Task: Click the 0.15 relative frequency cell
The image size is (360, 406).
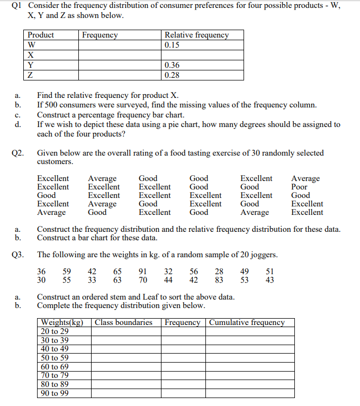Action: click(x=172, y=45)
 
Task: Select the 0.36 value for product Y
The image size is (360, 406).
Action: click(x=172, y=65)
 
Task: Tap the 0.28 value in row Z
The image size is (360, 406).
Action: click(x=172, y=75)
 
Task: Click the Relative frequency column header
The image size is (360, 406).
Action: click(x=196, y=35)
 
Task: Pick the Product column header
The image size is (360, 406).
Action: click(x=41, y=35)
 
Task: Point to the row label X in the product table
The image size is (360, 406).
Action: click(x=31, y=55)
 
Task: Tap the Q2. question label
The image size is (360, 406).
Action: click(x=18, y=153)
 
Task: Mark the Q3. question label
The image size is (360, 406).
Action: click(x=18, y=255)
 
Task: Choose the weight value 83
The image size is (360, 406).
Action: click(x=220, y=280)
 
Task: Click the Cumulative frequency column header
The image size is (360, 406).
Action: click(x=247, y=322)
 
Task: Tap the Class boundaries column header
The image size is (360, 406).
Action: click(x=123, y=322)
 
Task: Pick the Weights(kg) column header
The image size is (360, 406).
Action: click(x=62, y=322)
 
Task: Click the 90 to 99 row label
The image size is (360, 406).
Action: click(x=55, y=393)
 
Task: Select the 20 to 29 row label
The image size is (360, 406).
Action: click(x=55, y=331)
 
